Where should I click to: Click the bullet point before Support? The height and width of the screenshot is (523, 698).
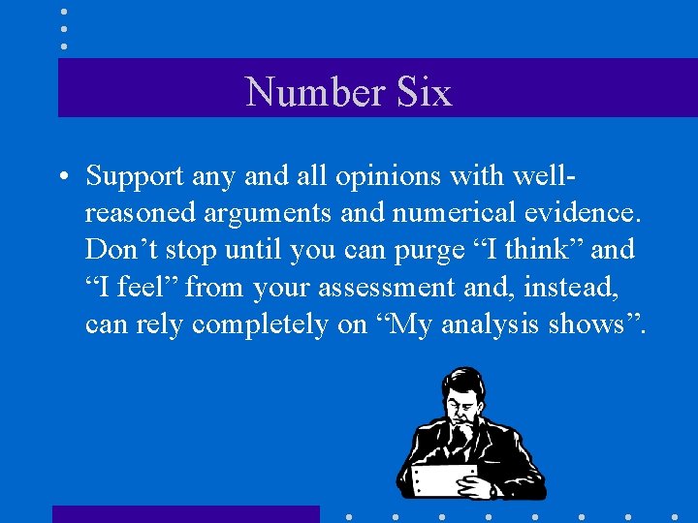[63, 176]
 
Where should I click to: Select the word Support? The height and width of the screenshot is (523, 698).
[134, 176]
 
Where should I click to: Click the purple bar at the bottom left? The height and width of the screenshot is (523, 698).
[184, 513]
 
